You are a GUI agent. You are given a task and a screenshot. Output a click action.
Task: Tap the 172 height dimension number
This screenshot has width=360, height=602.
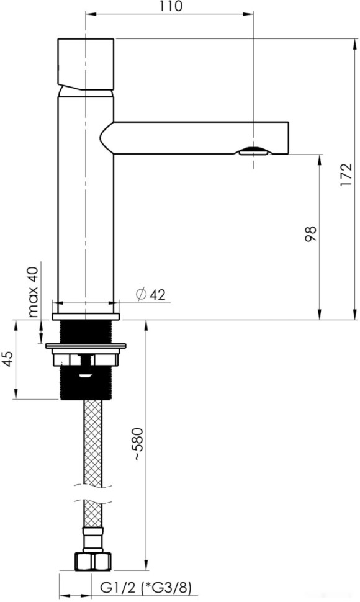[346, 174]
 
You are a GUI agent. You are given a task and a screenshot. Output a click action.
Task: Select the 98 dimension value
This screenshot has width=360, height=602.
[311, 234]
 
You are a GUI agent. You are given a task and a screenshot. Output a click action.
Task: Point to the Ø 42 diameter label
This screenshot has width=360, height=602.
[151, 294]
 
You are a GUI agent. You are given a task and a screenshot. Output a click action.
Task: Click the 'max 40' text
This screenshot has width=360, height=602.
[34, 292]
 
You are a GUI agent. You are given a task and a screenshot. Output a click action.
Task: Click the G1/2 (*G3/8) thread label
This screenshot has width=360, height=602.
[146, 587]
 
